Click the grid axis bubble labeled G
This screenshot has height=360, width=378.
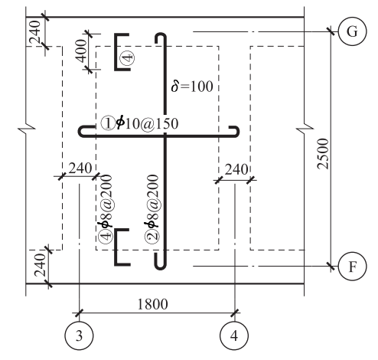[352, 31]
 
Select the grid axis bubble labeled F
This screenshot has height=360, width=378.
[352, 267]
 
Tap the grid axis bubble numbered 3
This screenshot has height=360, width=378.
[79, 335]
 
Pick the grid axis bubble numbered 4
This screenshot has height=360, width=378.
[234, 335]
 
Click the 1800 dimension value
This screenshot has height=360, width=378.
[152, 304]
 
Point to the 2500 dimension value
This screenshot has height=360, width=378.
[323, 154]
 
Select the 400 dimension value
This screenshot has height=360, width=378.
[82, 51]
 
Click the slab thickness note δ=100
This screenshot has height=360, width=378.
[192, 87]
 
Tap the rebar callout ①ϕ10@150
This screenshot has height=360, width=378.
[139, 123]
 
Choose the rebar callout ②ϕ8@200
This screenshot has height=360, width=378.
[152, 208]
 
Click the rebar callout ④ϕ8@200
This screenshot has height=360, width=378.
[105, 208]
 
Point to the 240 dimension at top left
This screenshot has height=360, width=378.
[34, 32]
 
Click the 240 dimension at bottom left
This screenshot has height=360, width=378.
[40, 265]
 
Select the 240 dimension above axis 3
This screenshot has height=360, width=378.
[80, 169]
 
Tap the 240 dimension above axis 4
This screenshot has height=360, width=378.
[236, 169]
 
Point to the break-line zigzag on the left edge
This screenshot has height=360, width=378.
[26, 129]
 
